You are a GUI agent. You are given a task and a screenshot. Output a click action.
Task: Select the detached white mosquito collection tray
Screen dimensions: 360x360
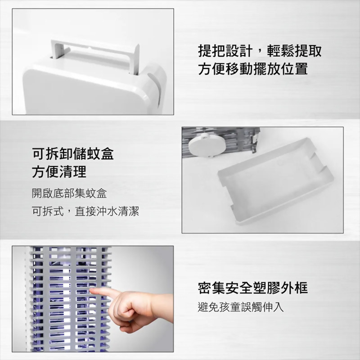[275, 181]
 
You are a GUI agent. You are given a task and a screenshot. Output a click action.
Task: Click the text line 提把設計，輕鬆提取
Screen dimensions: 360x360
[260, 51]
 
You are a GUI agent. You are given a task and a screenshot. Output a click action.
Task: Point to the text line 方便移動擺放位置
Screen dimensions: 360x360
[253, 69]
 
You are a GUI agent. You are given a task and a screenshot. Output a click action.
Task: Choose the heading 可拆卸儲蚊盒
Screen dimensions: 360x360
[73, 153]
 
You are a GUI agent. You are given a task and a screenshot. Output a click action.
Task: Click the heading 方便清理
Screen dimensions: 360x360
[59, 171]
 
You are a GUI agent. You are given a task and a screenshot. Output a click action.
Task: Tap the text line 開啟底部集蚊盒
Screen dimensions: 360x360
[69, 193]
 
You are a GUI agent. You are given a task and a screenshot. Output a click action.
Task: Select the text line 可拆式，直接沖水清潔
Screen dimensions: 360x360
[85, 211]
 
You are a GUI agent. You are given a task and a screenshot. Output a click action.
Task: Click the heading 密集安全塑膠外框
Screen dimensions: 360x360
[253, 288]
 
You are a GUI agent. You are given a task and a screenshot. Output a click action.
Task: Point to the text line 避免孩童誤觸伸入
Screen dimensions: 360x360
[241, 307]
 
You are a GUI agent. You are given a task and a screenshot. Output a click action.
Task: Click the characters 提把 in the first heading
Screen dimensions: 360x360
[211, 51]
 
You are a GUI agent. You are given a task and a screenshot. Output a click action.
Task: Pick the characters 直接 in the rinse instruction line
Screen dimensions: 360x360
[85, 211]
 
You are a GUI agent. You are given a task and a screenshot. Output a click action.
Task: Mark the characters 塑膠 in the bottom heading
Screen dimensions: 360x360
[267, 288]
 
